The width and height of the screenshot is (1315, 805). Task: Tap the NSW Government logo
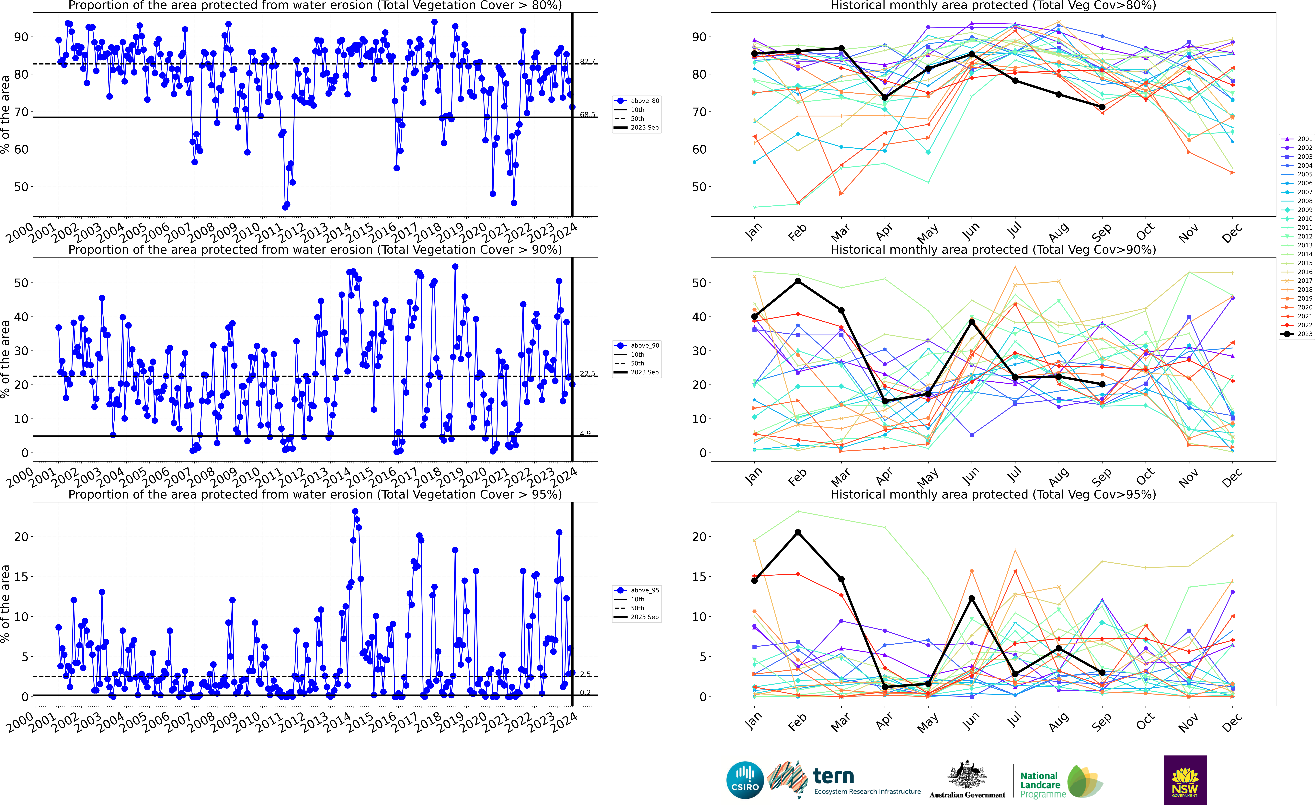[1185, 779]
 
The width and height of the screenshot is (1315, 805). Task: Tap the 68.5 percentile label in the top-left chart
[588, 115]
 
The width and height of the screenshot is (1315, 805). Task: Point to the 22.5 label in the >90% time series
[588, 374]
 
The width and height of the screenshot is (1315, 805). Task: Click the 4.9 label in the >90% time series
[585, 433]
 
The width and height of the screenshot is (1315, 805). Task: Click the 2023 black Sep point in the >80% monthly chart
[1102, 107]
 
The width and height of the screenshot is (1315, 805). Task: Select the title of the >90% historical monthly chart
[993, 250]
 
